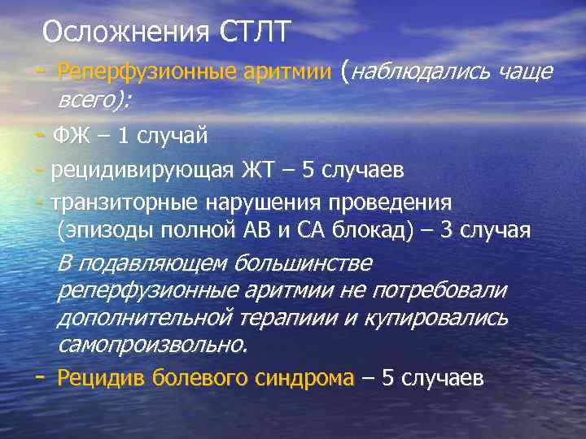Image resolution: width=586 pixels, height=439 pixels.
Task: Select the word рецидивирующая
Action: click(141, 170)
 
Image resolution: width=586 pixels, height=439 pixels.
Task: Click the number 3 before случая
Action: click(446, 231)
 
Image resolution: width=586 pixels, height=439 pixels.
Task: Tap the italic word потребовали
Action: click(439, 290)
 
